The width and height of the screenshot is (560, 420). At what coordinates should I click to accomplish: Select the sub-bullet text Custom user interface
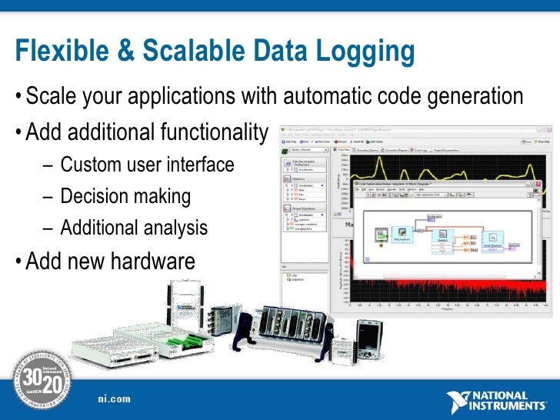point(147,165)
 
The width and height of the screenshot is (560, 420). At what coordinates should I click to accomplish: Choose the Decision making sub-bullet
point(125,196)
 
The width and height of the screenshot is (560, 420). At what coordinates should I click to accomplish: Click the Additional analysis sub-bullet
point(134,228)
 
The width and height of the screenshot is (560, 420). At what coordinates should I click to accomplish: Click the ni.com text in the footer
point(114,398)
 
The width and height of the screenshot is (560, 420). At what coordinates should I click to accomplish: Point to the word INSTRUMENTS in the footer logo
point(510,405)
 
